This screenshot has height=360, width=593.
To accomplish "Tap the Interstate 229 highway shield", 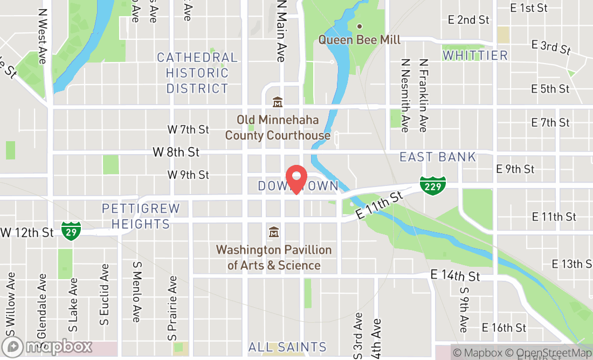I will tap(433, 185).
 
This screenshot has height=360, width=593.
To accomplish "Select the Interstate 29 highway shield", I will tap(71, 231).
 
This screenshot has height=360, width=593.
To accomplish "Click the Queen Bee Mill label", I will tap(359, 40).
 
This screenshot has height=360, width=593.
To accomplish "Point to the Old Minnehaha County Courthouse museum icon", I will tap(278, 101).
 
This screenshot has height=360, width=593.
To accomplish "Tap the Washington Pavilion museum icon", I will tap(274, 232).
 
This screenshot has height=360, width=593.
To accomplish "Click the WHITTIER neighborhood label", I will tap(475, 56).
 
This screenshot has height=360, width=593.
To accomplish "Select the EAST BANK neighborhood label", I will tap(438, 157).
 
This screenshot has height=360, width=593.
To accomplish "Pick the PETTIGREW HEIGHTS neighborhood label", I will tap(141, 216).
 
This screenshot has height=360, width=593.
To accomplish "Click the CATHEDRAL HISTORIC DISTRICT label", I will tap(197, 73).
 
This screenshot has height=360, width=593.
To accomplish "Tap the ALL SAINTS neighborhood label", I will tap(287, 347).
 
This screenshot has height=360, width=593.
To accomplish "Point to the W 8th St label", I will tap(176, 153).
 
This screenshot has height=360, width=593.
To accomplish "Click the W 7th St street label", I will tap(188, 129).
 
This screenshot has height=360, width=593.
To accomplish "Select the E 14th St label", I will tap(455, 276).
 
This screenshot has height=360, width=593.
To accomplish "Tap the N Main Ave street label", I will tap(280, 31).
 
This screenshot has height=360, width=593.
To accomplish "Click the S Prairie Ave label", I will tap(173, 308).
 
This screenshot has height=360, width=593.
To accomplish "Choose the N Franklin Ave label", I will tap(423, 95).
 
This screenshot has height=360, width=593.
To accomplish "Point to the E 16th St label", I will tap(504, 328).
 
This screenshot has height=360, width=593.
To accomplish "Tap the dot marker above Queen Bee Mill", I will tap(360, 26).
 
